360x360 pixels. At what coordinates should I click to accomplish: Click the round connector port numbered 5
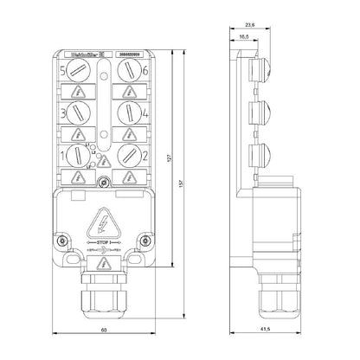[79, 68]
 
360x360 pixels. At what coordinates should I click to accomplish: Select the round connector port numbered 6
[127, 68]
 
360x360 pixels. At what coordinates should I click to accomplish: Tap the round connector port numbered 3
[79, 112]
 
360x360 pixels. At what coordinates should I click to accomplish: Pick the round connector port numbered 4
[127, 112]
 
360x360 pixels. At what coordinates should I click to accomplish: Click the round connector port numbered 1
[79, 157]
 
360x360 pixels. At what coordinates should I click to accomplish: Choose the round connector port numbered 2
[127, 157]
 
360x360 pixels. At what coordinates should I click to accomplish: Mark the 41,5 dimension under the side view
[262, 330]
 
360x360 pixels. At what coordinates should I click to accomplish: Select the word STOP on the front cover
[103, 241]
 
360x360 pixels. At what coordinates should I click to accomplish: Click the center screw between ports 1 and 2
[103, 183]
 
